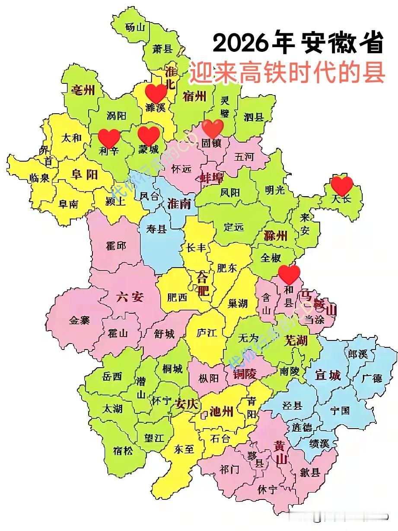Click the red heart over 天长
342,186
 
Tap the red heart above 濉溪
156,94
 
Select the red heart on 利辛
109,138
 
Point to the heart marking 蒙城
149,136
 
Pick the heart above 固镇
213,128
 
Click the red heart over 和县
289,274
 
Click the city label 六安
130,297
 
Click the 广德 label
372,378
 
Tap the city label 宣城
328,375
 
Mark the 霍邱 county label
116,246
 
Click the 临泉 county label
40,178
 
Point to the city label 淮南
179,203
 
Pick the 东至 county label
184,449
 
